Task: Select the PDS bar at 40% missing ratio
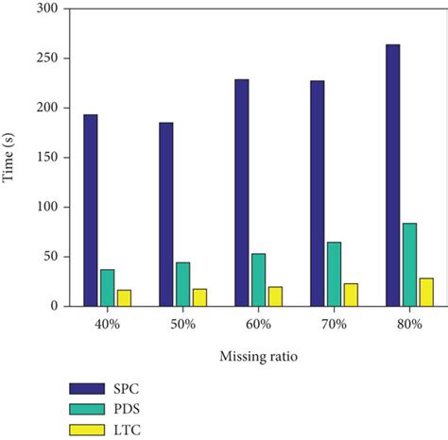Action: click(x=108, y=287)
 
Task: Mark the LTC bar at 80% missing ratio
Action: click(x=425, y=292)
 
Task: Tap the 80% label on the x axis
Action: click(x=409, y=325)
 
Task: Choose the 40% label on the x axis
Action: click(x=107, y=325)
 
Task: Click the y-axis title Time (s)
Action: click(x=10, y=157)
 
